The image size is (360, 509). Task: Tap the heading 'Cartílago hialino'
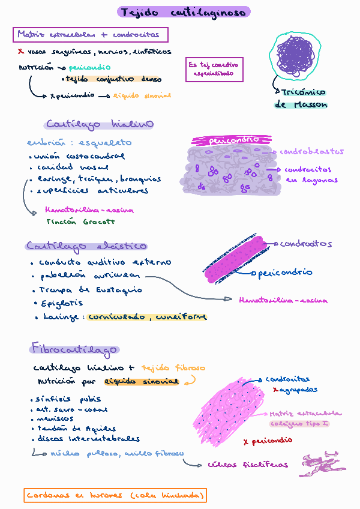pyautogui.click(x=99, y=124)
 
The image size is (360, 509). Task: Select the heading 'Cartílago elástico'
pyautogui.click(x=86, y=246)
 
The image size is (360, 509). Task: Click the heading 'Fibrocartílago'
pyautogui.click(x=74, y=349)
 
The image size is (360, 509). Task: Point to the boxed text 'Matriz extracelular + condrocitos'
pyautogui.click(x=90, y=35)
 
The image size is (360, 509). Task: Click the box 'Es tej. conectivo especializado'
pyautogui.click(x=214, y=69)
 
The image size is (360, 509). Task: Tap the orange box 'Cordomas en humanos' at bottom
pyautogui.click(x=116, y=496)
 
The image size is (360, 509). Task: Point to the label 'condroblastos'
pyautogui.click(x=312, y=152)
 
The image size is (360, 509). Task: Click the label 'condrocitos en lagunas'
pyautogui.click(x=311, y=175)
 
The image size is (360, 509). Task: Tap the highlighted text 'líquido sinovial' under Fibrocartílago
pyautogui.click(x=142, y=381)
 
